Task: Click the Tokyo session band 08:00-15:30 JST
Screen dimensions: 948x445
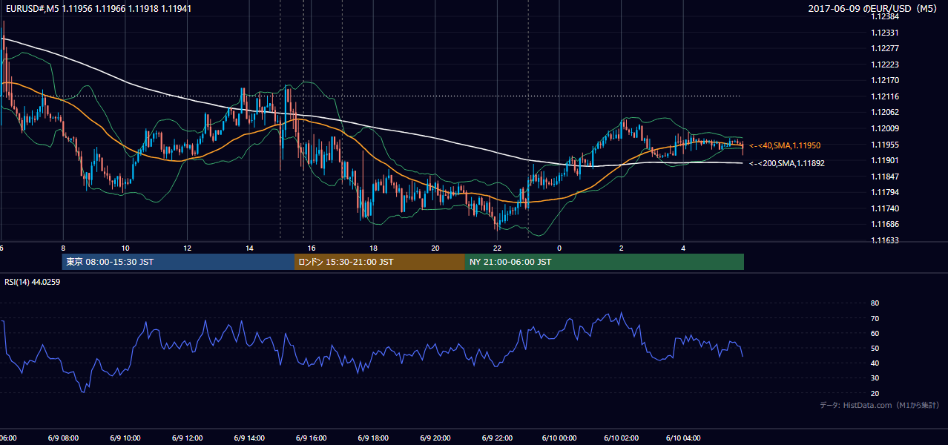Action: pos(178,262)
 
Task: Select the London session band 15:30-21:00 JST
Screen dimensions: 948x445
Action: pos(380,262)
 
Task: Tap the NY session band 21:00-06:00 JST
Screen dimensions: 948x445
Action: pos(605,262)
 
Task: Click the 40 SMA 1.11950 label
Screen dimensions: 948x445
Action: pos(785,145)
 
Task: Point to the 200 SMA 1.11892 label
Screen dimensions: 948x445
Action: pos(787,163)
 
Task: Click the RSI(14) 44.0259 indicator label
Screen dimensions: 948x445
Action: pos(32,282)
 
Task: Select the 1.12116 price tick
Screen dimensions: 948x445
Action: pos(885,96)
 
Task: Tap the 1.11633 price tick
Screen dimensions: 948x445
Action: pos(885,240)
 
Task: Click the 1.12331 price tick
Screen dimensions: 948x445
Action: pos(885,33)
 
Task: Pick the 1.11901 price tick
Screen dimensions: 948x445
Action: pos(885,160)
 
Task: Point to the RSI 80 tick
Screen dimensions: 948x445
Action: pos(875,303)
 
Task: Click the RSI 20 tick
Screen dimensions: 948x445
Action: pos(875,393)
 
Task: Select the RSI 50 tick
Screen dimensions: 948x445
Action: pos(875,348)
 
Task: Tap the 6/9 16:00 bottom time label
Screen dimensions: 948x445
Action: pos(311,438)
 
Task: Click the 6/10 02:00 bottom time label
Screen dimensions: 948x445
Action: pos(622,438)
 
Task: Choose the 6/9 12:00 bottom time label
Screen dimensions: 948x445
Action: pos(187,438)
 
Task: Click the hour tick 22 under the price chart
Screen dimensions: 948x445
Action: pos(497,248)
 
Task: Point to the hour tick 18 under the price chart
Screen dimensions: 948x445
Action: pos(373,248)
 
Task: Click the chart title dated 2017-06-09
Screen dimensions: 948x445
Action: pos(872,8)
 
